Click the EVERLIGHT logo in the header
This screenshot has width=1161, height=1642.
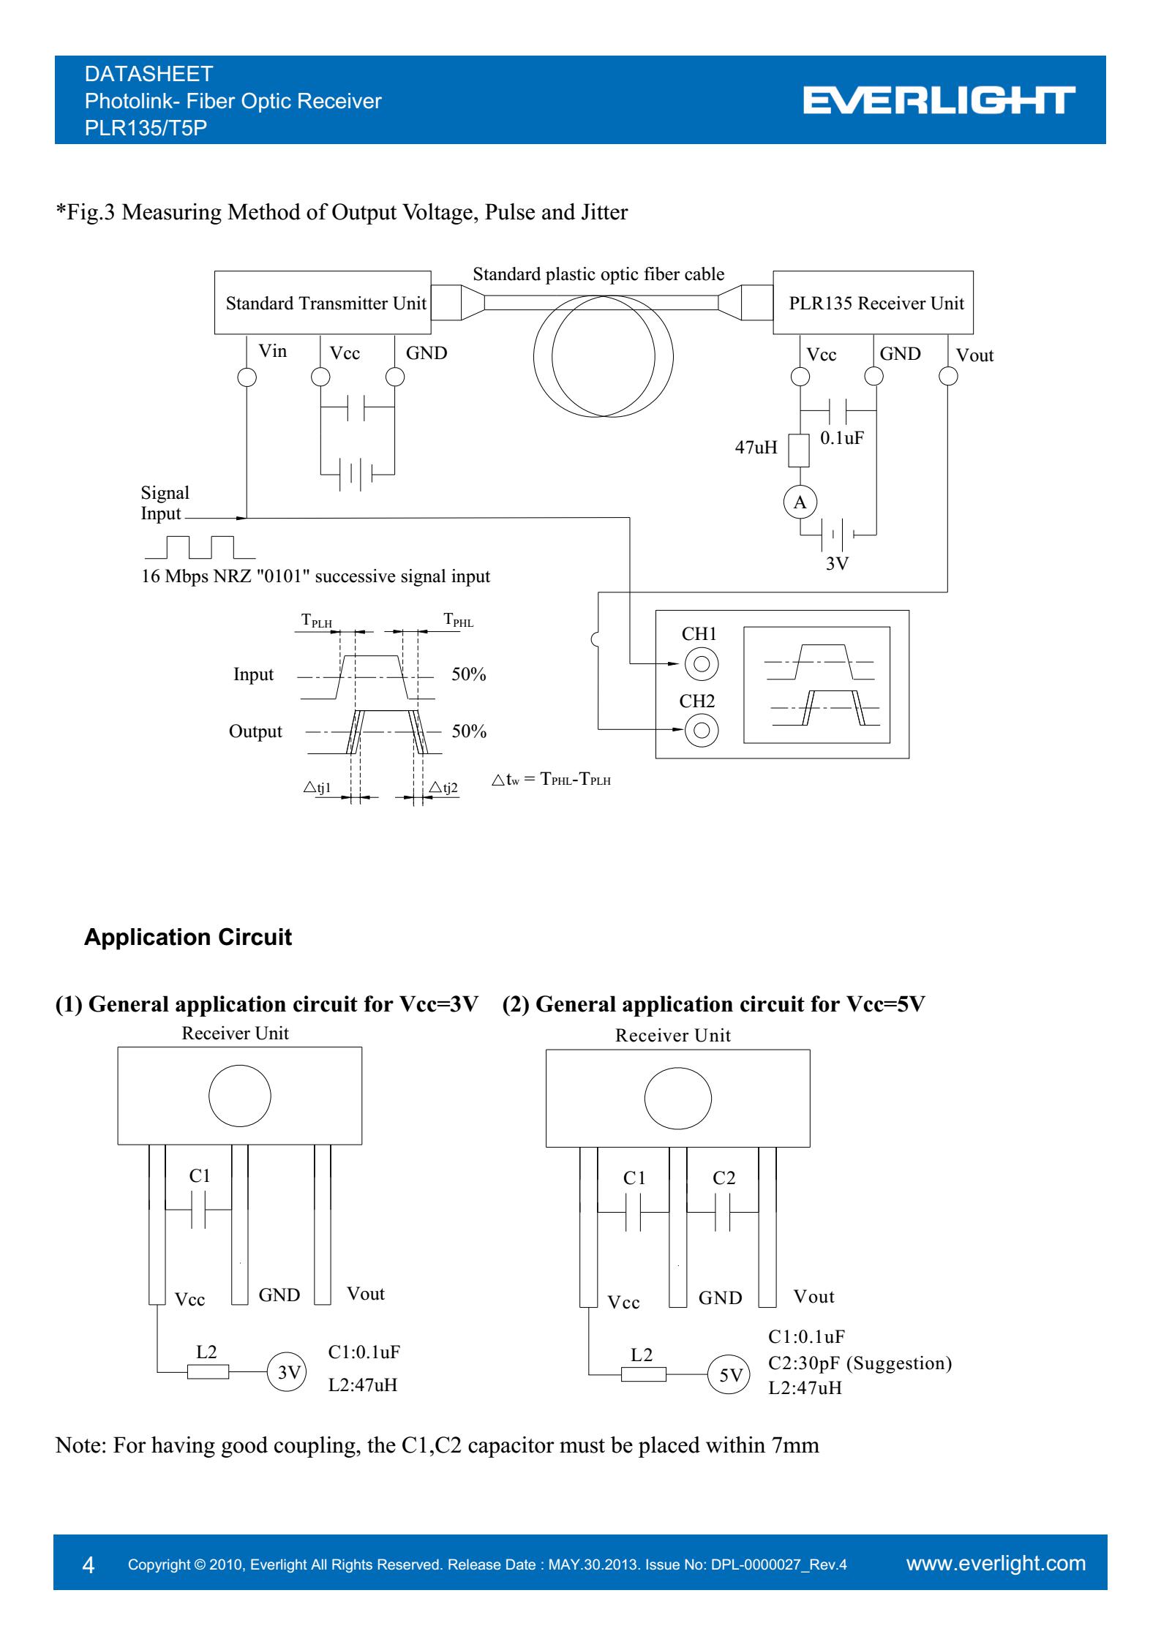(939, 101)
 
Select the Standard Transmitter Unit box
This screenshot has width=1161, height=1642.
(323, 303)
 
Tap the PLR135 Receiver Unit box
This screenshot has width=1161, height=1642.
(873, 303)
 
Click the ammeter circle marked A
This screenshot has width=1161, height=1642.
(800, 502)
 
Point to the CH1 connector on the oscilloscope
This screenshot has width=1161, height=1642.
(701, 664)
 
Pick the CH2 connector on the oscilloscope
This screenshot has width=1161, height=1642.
(701, 730)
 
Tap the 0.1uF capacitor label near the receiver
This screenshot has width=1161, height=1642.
(842, 438)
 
